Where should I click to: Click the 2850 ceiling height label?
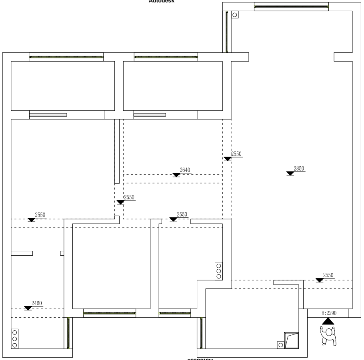coord(299,169)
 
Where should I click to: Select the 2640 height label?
coord(185,170)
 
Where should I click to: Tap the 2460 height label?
coord(36,303)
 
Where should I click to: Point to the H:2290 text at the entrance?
coord(328,313)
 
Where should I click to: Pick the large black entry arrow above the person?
coord(328,320)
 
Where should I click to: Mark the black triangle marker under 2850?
coord(290,173)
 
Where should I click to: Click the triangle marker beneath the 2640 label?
coord(176,175)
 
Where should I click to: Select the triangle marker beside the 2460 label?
coord(28,308)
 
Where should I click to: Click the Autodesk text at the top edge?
coord(162,1)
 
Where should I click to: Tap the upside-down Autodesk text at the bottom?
coord(199,358)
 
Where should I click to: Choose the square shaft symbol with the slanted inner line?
coord(291,340)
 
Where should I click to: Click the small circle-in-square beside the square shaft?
coord(280,344)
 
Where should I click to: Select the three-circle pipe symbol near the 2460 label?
coord(15,338)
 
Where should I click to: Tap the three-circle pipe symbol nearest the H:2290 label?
coord(218,270)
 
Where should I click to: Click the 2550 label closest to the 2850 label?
coord(236,154)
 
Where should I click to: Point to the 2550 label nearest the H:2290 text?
coord(328,275)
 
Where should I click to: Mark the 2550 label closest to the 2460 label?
coord(40,215)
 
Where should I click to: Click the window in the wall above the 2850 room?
coord(291,6)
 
